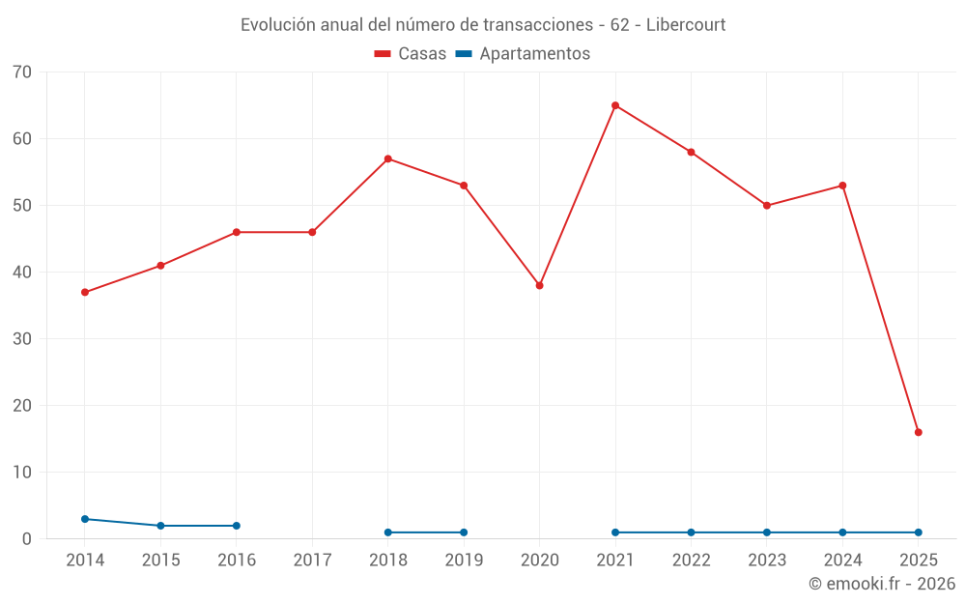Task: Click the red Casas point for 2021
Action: [x=615, y=105]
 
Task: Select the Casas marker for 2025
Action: [x=918, y=432]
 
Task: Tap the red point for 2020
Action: [x=539, y=285]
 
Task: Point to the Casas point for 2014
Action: [x=85, y=292]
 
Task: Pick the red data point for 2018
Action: [x=388, y=158]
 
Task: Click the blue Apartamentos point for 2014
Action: [x=85, y=519]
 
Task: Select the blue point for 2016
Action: [x=237, y=526]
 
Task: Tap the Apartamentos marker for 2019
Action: [x=464, y=532]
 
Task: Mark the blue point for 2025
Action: [x=918, y=532]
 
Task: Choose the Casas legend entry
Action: [x=411, y=54]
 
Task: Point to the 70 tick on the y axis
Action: [x=22, y=72]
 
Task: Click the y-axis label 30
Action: [x=22, y=339]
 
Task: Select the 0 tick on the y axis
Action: [x=27, y=539]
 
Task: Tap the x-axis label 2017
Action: [x=312, y=560]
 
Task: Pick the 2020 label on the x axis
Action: [x=539, y=560]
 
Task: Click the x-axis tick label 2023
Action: [x=766, y=560]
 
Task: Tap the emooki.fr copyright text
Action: [x=882, y=584]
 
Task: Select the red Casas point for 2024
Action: [x=842, y=186]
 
